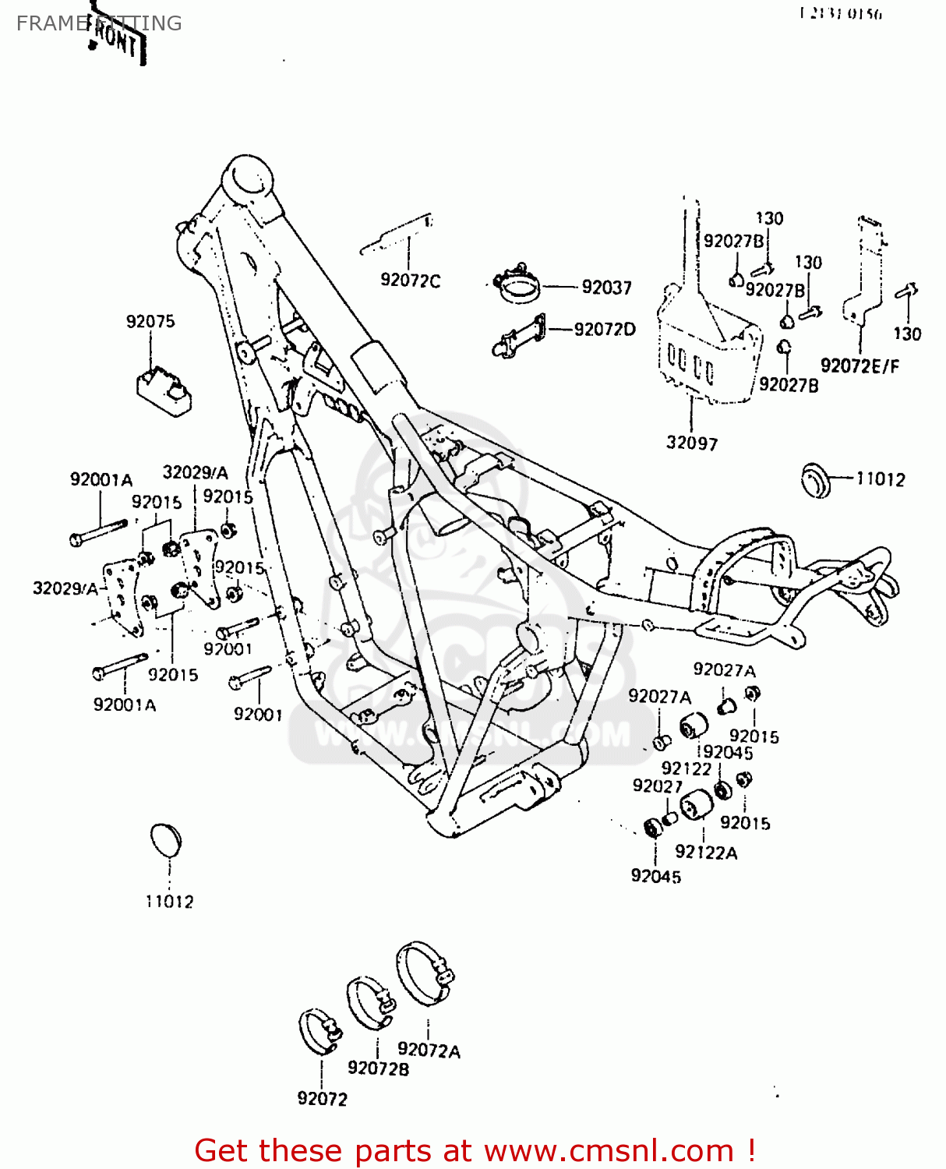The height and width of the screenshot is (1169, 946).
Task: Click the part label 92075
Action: click(150, 321)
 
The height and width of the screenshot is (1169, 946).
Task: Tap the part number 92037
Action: click(606, 288)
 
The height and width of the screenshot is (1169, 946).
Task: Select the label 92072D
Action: click(605, 330)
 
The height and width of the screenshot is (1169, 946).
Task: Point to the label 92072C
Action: click(410, 281)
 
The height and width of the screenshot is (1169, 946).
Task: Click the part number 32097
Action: click(691, 443)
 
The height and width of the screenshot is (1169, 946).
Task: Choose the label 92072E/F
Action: click(860, 366)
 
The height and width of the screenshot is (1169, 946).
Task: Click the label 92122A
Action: click(706, 853)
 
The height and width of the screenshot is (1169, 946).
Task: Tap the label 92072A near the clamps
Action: click(429, 1051)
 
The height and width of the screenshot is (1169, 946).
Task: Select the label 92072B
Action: click(378, 1068)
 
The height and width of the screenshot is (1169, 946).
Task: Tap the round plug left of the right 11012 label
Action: click(816, 479)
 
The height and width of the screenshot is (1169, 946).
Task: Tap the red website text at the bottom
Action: click(475, 1150)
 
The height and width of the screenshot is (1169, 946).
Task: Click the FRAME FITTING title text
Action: click(99, 23)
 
